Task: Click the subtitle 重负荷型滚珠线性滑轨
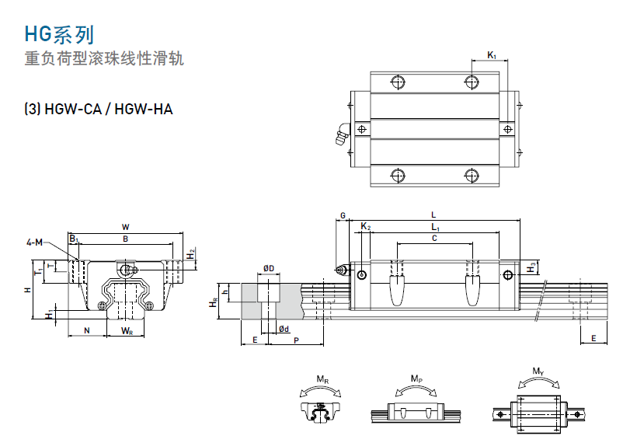(104, 59)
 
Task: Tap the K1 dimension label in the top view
(491, 54)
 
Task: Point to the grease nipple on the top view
(340, 136)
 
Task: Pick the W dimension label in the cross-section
(125, 227)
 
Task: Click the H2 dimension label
(191, 253)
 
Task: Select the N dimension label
(86, 331)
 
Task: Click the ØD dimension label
(268, 268)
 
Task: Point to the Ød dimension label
(284, 330)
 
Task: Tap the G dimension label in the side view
(343, 215)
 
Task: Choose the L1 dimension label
(435, 226)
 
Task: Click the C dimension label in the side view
(434, 239)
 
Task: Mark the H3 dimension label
(531, 267)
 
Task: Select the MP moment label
(416, 378)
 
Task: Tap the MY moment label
(538, 371)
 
